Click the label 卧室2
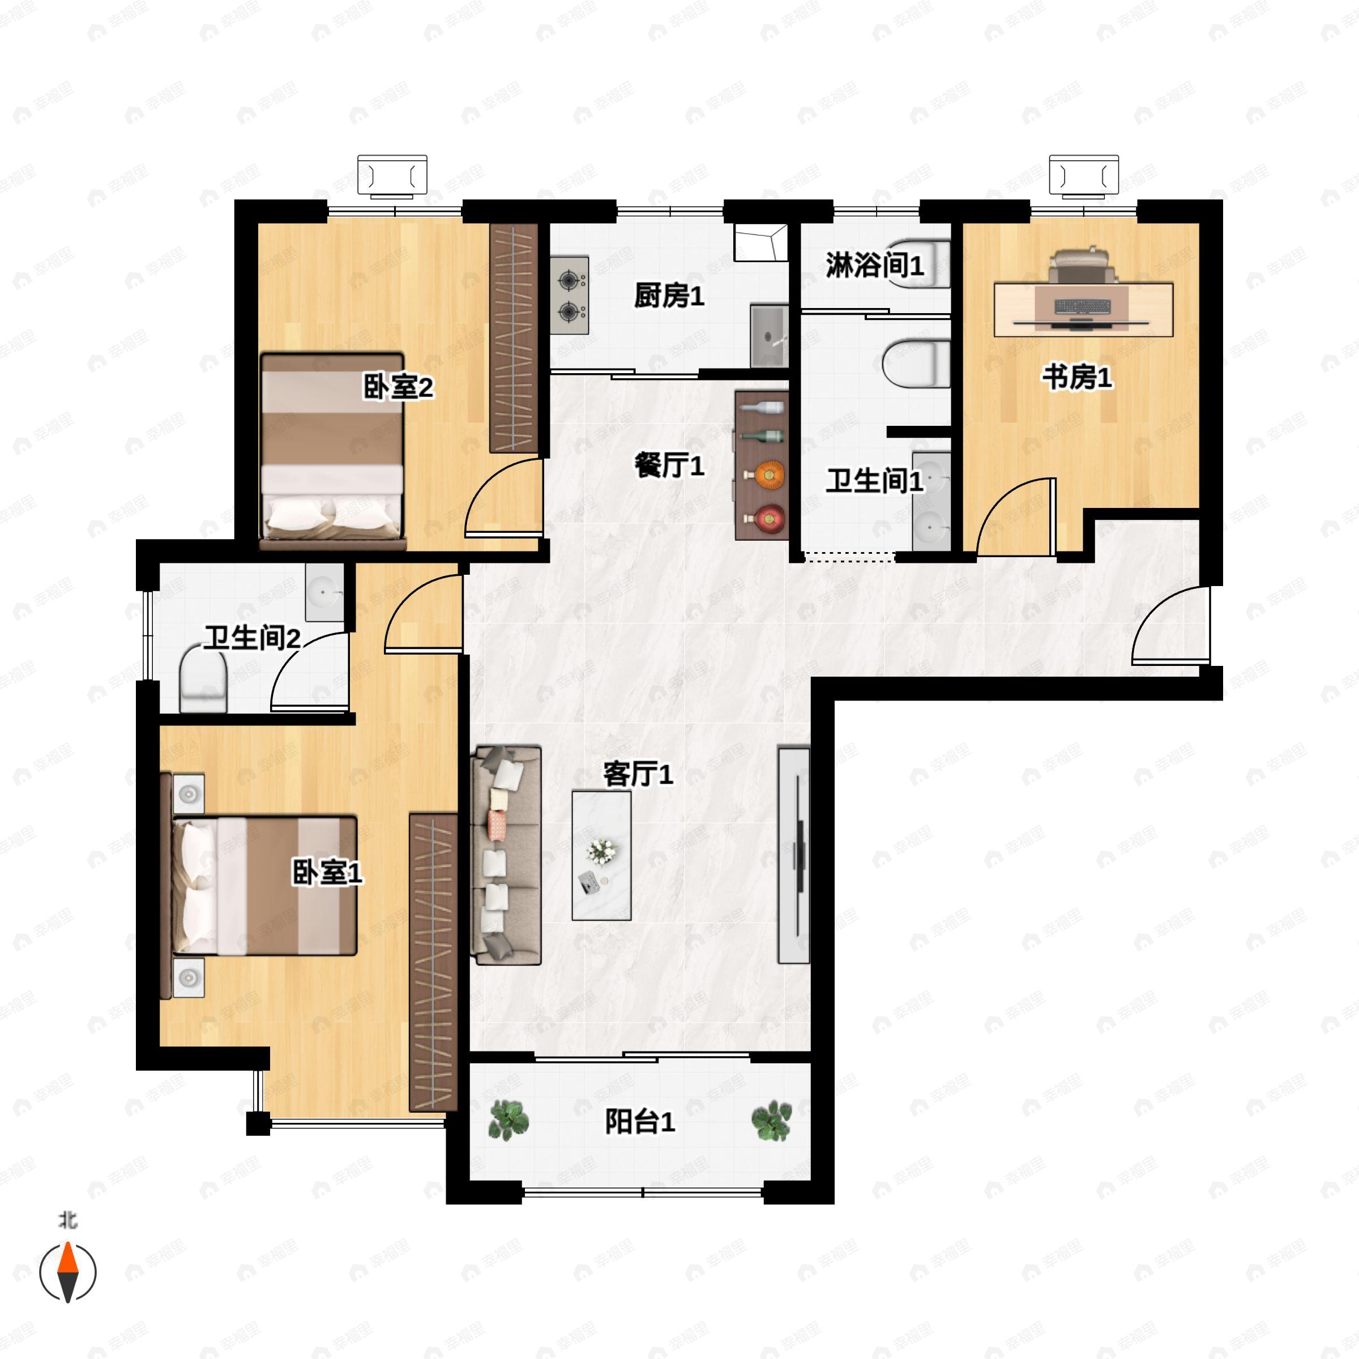pyautogui.click(x=398, y=387)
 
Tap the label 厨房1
pyautogui.click(x=668, y=296)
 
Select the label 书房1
pyautogui.click(x=1076, y=378)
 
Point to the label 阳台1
pyautogui.click(x=639, y=1122)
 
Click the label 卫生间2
pyautogui.click(x=252, y=638)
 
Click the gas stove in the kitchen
pyautogui.click(x=569, y=294)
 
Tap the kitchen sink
pyautogui.click(x=768, y=336)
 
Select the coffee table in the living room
pyautogui.click(x=601, y=856)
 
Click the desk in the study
pyautogui.click(x=1083, y=310)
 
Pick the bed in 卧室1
pyautogui.click(x=264, y=886)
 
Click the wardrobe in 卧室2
pyautogui.click(x=514, y=337)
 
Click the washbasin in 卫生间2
pyautogui.click(x=324, y=592)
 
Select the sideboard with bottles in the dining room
pyautogui.click(x=761, y=465)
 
